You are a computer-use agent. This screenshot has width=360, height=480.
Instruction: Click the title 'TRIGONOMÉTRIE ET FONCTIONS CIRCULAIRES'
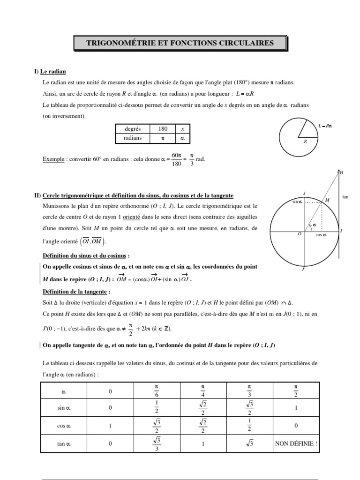pos(180,43)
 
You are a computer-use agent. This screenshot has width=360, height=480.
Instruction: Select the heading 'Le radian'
pos(53,72)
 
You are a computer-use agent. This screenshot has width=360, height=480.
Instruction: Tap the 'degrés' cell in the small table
pos(133,128)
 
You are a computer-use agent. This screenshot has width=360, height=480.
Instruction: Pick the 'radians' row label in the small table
pos(133,138)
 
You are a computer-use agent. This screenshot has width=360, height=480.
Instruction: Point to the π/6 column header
pos(157,390)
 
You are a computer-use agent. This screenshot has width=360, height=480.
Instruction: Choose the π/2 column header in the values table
pos(295,390)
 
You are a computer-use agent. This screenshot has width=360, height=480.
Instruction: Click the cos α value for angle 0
pos(111,426)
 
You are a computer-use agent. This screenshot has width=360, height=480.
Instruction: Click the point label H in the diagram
pos(341,173)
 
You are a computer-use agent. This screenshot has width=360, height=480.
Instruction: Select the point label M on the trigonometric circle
pos(327,200)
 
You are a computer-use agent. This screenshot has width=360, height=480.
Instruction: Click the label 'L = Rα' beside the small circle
pos(324,126)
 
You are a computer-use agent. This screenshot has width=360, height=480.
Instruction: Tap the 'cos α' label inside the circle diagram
pos(321,235)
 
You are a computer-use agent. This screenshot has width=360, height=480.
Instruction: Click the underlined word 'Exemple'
pos(52,159)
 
